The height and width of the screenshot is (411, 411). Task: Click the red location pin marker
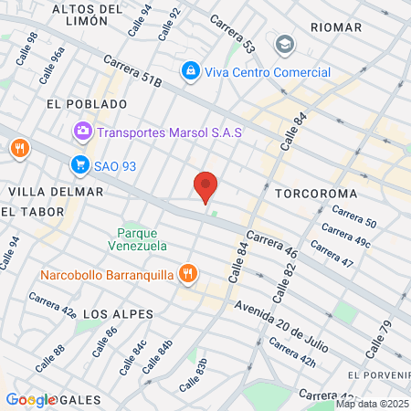pos(205,185)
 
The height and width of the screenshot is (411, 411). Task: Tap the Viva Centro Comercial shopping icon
pos(190,69)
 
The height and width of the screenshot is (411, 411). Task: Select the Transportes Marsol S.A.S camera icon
pos(83,132)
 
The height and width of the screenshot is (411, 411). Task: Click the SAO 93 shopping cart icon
pos(79,164)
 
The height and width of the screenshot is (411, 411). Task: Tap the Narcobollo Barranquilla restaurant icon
pos(187,273)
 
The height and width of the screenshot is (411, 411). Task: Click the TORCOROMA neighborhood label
pos(310,195)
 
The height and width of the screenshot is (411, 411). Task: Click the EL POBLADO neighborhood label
pos(78,104)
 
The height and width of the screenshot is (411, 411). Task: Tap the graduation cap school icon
pos(285,44)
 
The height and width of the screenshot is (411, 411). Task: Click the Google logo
pos(31,399)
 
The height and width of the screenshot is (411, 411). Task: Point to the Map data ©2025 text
pos(371,404)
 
